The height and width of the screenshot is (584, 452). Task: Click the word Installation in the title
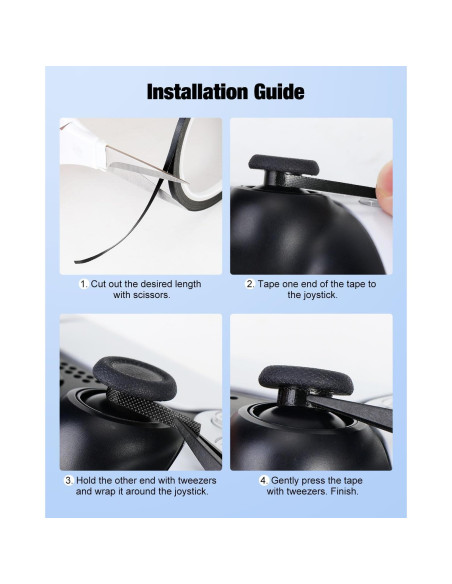click(x=195, y=92)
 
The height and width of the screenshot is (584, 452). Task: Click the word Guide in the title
click(x=274, y=92)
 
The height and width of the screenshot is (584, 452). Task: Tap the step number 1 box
click(x=85, y=284)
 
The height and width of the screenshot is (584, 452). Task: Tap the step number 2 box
click(x=251, y=284)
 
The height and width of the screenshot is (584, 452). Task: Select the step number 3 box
click(x=70, y=480)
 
